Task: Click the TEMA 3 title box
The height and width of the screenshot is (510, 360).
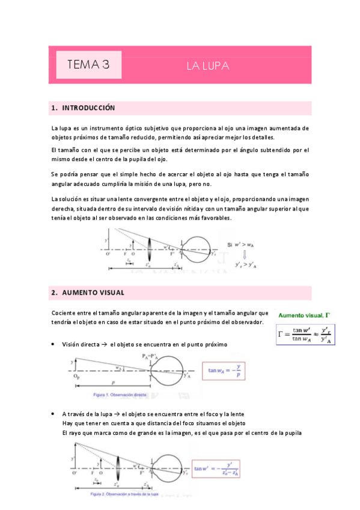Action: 88,65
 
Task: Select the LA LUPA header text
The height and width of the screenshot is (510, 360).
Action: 207,66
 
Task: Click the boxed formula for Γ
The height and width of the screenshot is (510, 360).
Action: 306,334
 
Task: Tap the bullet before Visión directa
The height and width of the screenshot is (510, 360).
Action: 55,344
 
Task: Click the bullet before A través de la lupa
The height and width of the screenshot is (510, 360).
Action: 55,415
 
